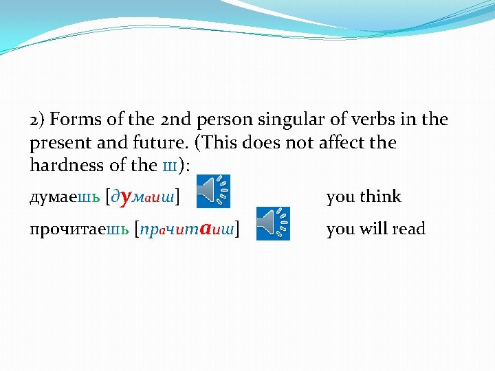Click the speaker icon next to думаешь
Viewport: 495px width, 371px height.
pyautogui.click(x=213, y=191)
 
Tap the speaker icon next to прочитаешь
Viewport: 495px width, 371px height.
pyautogui.click(x=273, y=223)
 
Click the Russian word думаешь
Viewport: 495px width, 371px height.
pyautogui.click(x=65, y=197)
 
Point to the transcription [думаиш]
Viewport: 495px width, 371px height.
pyautogui.click(x=144, y=197)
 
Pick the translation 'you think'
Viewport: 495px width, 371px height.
pyautogui.click(x=363, y=197)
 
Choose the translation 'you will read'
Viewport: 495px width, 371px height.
pyautogui.click(x=375, y=229)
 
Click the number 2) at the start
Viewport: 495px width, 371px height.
pyautogui.click(x=37, y=121)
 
